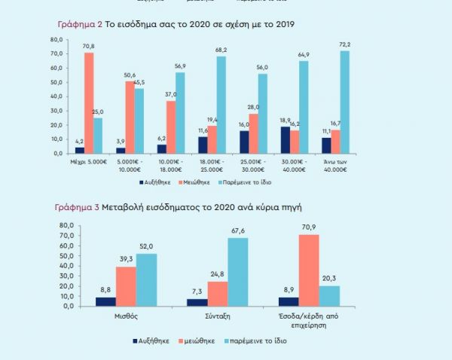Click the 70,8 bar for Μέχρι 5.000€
[x=89, y=103]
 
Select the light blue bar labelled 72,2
[x=344, y=102]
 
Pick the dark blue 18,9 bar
[x=283, y=140]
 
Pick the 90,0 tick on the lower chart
[x=66, y=224]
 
